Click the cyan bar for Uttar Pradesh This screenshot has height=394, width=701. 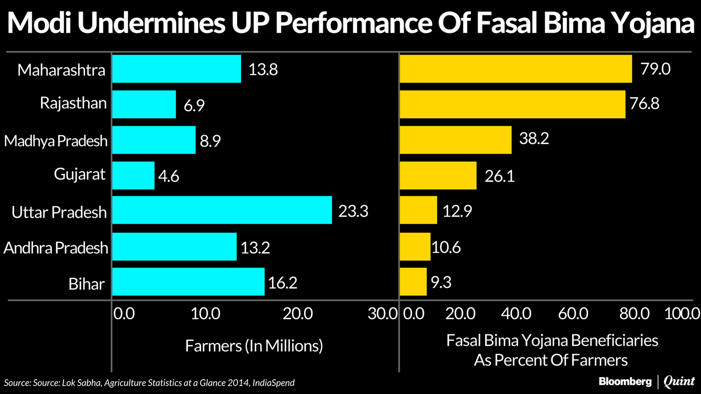point(222,210)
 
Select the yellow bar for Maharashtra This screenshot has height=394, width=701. point(516,69)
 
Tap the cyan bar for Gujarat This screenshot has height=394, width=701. point(133,175)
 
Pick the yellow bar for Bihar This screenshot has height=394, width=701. point(413,282)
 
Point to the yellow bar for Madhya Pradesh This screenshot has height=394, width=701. point(456,140)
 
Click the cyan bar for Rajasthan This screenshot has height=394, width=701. point(144,105)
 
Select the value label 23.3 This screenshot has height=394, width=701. point(353,211)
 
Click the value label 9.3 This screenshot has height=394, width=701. point(441,282)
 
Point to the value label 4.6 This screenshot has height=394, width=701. point(169,176)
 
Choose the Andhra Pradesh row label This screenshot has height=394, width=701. point(55,247)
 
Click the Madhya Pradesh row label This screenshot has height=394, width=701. point(55,141)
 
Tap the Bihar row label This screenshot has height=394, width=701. point(87,283)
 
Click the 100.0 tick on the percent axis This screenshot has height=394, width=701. point(682,314)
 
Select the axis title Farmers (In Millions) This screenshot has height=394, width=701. point(254,346)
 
